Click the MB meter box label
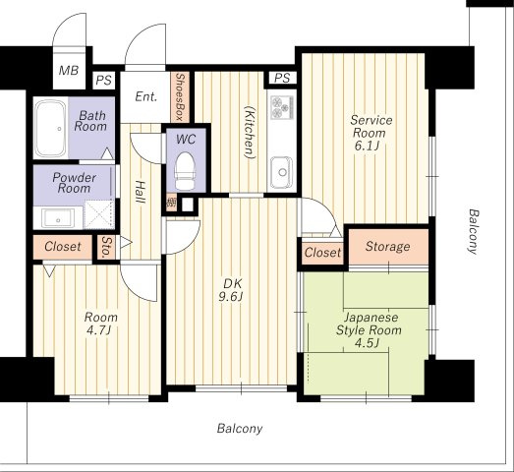click(69, 70)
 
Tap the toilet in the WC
click(185, 171)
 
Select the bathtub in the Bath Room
click(50, 129)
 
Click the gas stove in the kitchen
click(282, 107)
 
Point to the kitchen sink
click(282, 171)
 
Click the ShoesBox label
click(180, 96)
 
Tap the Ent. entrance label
click(146, 96)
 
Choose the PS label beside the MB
click(104, 81)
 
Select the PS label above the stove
click(282, 78)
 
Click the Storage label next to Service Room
click(387, 247)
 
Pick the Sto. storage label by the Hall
click(106, 247)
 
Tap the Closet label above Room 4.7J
click(63, 247)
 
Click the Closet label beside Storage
click(322, 253)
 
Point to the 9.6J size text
click(231, 297)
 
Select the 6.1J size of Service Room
click(367, 146)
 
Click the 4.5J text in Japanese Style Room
click(368, 343)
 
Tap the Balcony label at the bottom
click(240, 429)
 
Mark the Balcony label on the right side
click(473, 231)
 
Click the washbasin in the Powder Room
click(58, 217)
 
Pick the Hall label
click(141, 192)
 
